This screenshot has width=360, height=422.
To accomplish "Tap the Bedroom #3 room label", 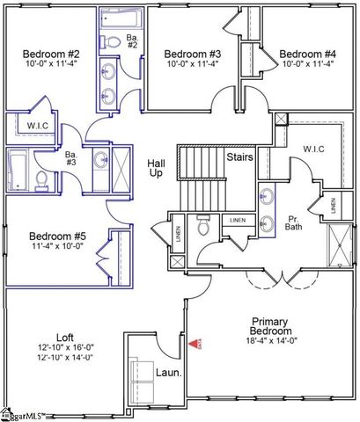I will pyautogui.click(x=191, y=53).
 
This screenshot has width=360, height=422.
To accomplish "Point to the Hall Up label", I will pyautogui.click(x=155, y=168).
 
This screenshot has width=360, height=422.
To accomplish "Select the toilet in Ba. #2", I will pyautogui.click(x=114, y=41).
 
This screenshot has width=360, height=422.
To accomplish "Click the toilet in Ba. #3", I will pyautogui.click(x=40, y=181).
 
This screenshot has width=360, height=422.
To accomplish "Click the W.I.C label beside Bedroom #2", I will pyautogui.click(x=37, y=126).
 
